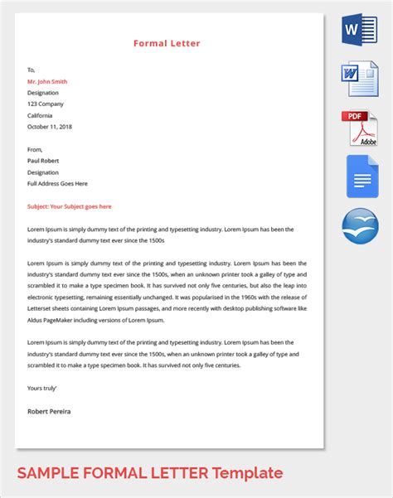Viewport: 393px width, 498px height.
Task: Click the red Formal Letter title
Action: click(x=167, y=43)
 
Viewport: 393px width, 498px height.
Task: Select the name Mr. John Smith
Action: click(x=47, y=81)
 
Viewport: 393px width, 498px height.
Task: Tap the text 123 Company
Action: click(x=45, y=104)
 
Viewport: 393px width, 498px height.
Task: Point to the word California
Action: click(x=42, y=115)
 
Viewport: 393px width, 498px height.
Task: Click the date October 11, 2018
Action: click(x=50, y=127)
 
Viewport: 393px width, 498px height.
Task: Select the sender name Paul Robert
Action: click(x=44, y=161)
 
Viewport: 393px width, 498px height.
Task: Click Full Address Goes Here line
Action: click(x=57, y=183)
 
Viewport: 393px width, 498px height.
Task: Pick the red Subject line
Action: click(x=69, y=206)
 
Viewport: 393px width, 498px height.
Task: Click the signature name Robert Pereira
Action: click(x=49, y=410)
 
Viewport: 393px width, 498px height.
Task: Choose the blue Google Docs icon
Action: click(x=359, y=176)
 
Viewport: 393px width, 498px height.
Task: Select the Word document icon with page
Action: click(x=359, y=80)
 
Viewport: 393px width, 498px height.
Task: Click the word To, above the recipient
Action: click(x=32, y=70)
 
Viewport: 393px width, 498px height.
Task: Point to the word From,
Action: click(x=36, y=150)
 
